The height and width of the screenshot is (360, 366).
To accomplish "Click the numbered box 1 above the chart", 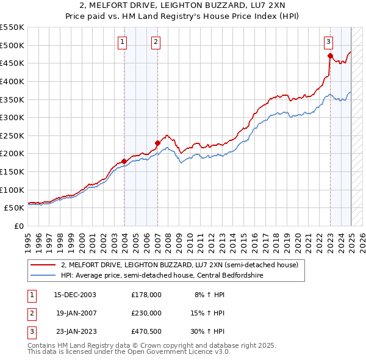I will click(x=123, y=41).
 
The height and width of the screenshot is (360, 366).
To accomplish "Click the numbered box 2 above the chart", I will click(x=156, y=41).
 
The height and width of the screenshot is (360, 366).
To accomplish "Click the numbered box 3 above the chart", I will click(x=328, y=41).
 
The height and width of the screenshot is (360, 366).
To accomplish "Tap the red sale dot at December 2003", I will click(x=124, y=161).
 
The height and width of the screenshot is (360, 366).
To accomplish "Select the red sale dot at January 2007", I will click(x=157, y=143).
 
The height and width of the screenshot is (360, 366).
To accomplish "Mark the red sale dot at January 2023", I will click(x=330, y=56).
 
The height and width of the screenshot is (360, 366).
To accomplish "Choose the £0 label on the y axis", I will click(x=18, y=226).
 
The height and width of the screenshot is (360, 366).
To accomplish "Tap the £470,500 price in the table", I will click(x=146, y=331).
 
